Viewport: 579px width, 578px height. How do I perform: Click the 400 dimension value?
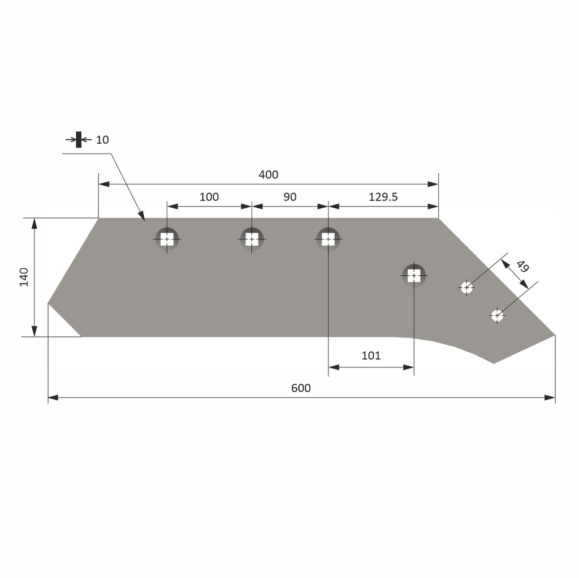[268, 174]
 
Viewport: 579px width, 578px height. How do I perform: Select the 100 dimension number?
[209, 197]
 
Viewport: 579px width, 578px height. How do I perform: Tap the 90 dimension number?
[290, 197]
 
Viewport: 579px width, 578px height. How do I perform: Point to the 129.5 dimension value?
[383, 197]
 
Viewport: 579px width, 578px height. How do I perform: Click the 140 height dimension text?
[24, 277]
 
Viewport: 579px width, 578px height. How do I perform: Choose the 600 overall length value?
[301, 388]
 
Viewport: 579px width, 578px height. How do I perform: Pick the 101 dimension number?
[371, 356]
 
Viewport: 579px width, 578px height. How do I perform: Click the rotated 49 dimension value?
[522, 266]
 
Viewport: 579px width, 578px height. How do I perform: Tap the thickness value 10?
[102, 140]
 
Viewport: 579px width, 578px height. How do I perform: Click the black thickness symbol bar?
[79, 139]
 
